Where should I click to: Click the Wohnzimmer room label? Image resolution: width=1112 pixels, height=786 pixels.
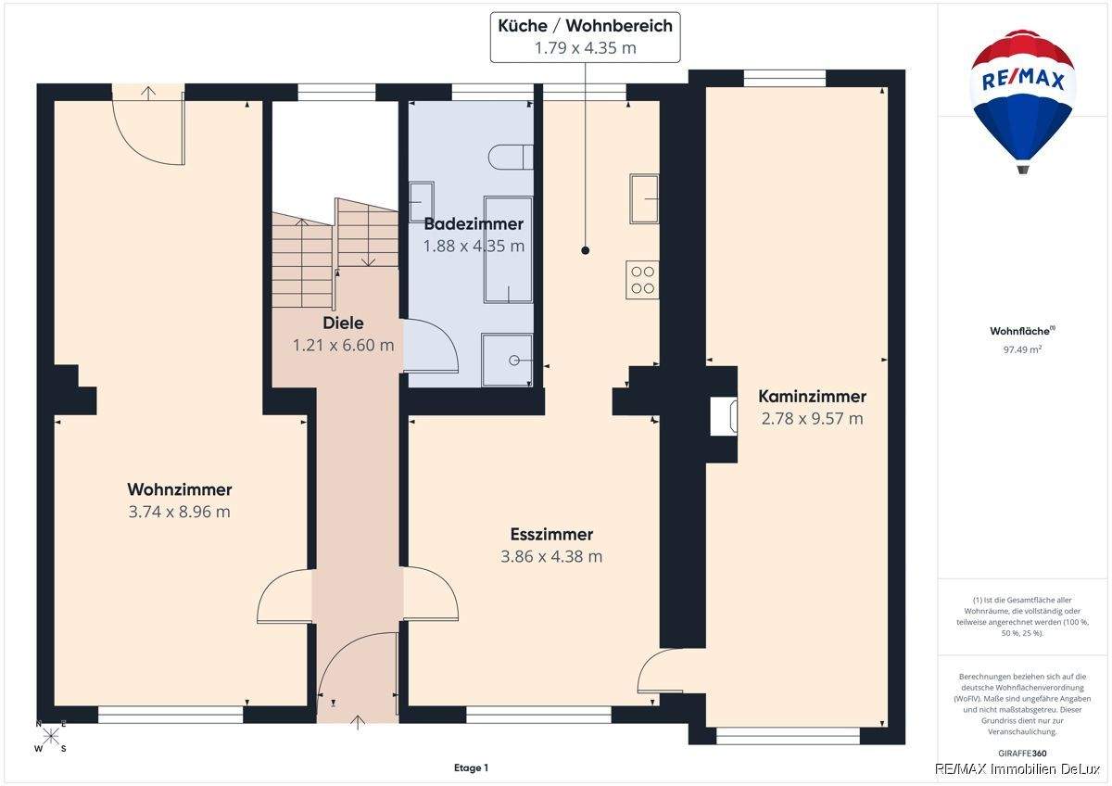(179, 489)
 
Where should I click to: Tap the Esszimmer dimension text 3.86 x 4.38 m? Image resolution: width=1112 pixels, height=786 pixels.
(551, 556)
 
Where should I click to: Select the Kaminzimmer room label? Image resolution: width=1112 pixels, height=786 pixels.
(812, 396)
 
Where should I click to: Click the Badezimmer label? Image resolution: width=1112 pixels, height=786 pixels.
(474, 224)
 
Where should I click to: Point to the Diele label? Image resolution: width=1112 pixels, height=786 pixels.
(343, 323)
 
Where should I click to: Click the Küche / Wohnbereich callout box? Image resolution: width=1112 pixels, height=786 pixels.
(586, 37)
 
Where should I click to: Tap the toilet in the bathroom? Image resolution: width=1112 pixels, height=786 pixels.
(511, 157)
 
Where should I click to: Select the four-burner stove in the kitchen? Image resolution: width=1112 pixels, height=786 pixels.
(642, 280)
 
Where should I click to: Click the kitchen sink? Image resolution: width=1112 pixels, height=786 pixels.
(644, 198)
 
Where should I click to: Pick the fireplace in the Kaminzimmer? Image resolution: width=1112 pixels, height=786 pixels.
(724, 416)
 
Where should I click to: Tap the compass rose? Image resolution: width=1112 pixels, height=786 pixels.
(51, 736)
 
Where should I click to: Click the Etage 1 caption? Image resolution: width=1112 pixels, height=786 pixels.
(471, 767)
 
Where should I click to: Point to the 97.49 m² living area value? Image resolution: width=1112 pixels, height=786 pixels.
(1022, 349)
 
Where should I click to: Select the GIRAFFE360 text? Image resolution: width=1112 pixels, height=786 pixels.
(1022, 754)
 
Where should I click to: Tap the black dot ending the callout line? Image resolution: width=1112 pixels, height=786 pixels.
(586, 251)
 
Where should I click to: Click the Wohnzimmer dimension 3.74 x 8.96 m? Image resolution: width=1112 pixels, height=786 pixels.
(179, 512)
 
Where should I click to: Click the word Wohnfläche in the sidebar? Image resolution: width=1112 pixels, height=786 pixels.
(1019, 331)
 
